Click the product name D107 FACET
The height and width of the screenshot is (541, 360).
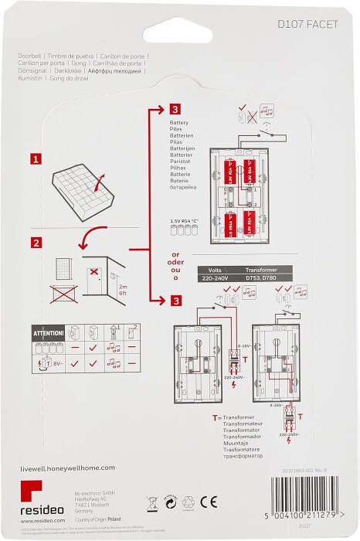tap(307, 25)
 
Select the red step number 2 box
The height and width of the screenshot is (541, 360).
tap(35, 243)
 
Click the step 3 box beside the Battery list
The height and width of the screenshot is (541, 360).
tap(175, 111)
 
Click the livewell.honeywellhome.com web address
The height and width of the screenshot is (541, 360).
tap(67, 468)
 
